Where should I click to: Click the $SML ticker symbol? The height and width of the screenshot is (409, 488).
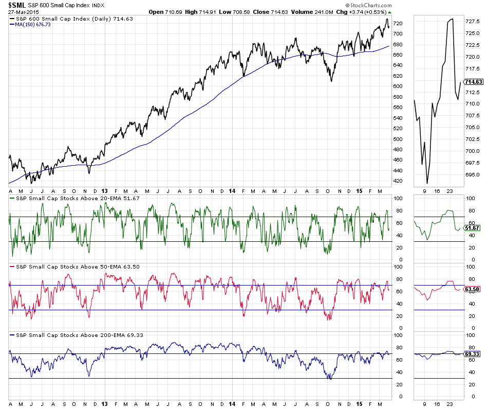point(17,5)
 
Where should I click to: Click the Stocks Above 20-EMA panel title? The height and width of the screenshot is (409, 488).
point(75,198)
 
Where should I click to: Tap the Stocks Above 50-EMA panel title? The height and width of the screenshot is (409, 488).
point(75,266)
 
